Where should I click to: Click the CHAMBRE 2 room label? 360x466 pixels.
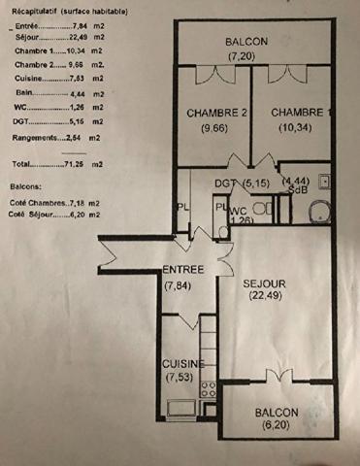[x=216, y=113]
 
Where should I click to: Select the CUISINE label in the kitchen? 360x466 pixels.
[x=182, y=363]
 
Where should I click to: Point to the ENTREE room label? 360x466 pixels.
[x=182, y=269]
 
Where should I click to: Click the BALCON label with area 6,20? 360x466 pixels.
[x=278, y=412]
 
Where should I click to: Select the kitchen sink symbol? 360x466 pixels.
[x=180, y=409]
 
